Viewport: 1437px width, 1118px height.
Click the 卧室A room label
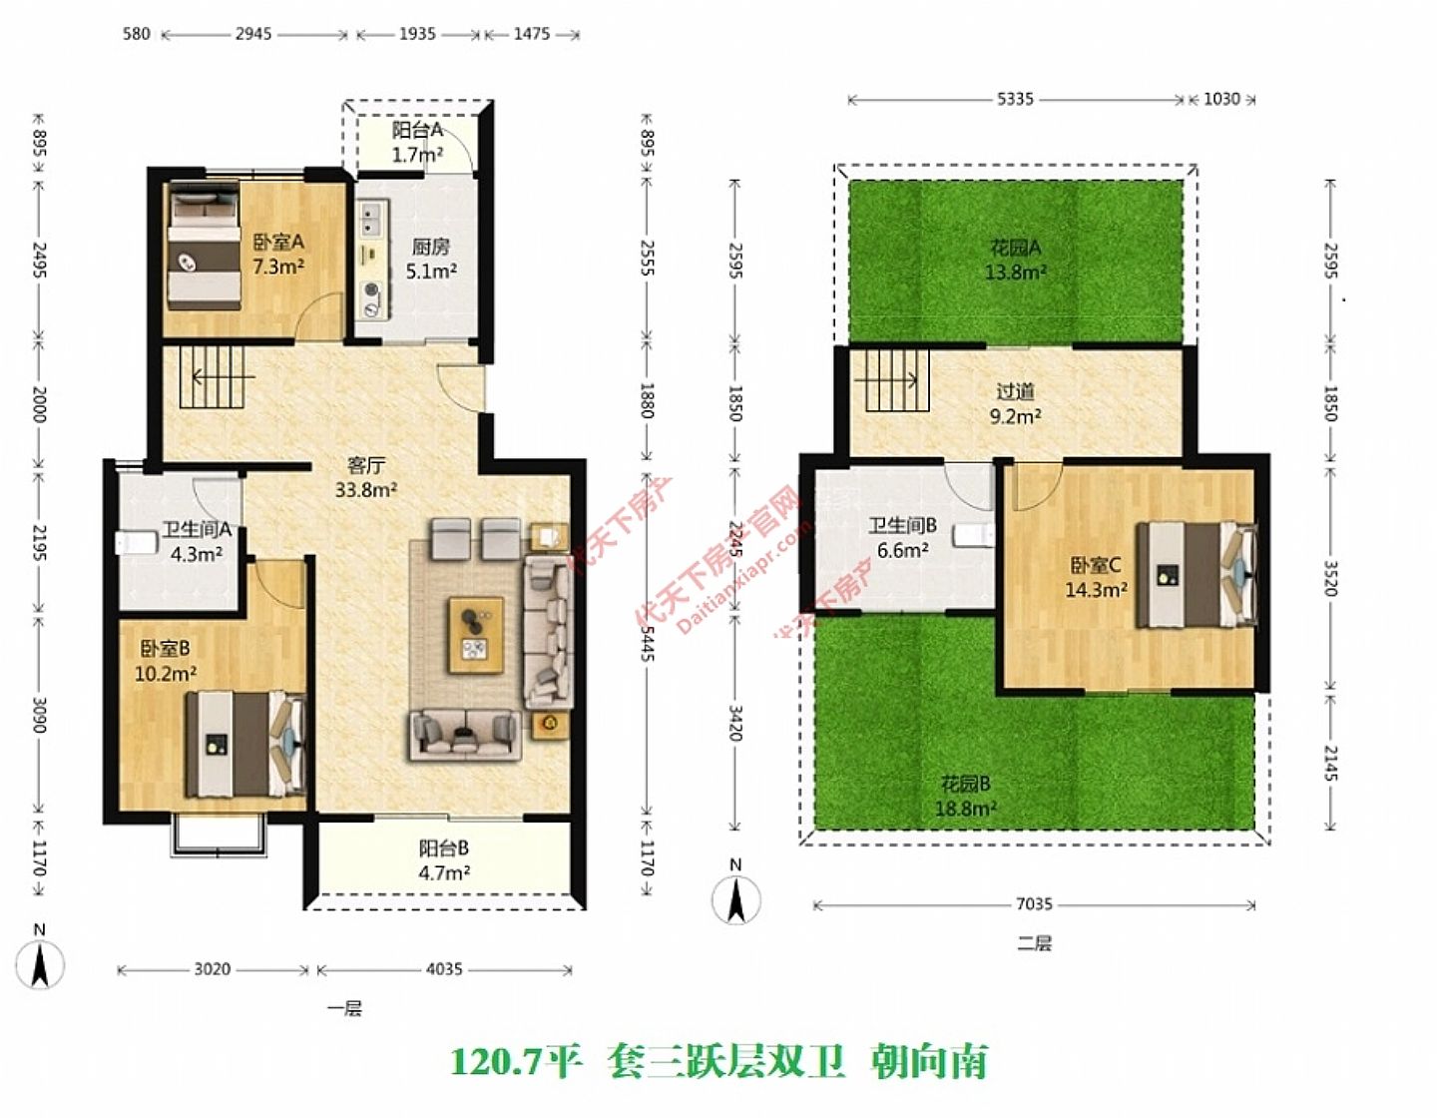pos(277,254)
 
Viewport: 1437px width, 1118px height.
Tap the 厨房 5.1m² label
pos(431,259)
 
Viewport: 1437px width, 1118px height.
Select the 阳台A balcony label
pos(417,142)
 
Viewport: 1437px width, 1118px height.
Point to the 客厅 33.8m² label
pos(366,477)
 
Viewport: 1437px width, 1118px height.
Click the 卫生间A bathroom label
pos(197,541)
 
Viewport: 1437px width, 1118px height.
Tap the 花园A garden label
pos(1015,260)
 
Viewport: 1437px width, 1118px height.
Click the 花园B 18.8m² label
pos(965,796)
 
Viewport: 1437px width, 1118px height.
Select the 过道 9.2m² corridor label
pos(1015,403)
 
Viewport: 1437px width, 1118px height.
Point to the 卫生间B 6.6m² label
pos(902,537)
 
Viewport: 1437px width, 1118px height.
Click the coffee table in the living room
pos(476,635)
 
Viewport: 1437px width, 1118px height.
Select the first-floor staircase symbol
pos(211,376)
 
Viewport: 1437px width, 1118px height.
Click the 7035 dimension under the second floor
pos(1034,904)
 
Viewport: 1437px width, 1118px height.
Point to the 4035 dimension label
pos(444,969)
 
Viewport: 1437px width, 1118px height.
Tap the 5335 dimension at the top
pos(1015,99)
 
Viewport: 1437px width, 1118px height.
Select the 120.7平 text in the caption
pos(516,1061)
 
